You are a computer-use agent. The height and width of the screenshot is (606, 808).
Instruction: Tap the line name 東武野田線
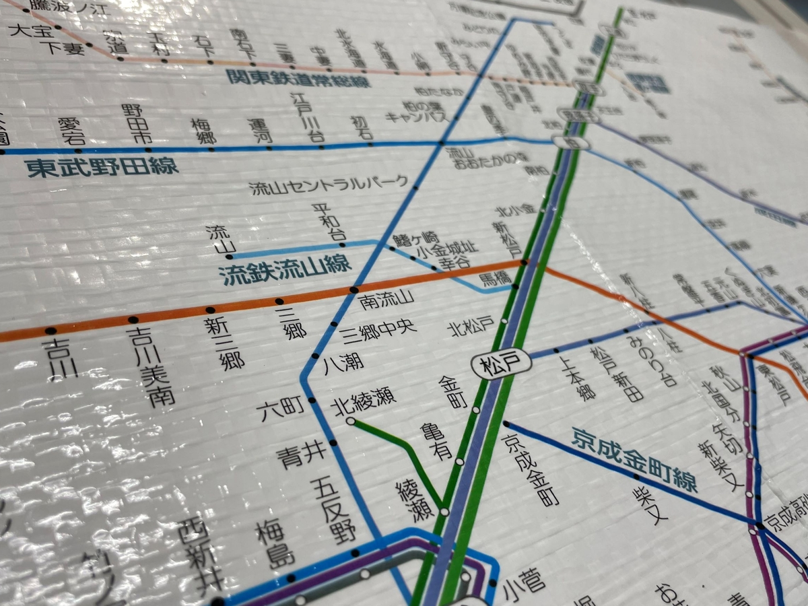(x=102, y=166)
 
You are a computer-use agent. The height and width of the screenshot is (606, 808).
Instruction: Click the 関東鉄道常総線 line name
(x=298, y=79)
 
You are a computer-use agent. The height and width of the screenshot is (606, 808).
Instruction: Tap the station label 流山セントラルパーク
(x=329, y=185)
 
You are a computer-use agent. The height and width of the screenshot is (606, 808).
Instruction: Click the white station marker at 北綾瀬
(x=350, y=422)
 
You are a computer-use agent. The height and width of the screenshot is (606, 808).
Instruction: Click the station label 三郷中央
(x=378, y=329)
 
